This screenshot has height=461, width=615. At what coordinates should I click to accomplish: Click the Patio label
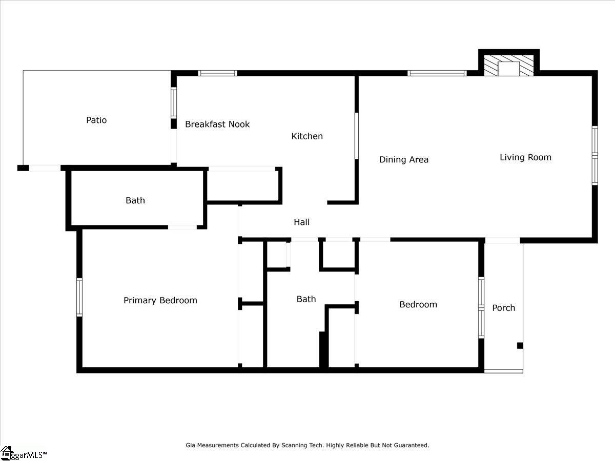[96, 120]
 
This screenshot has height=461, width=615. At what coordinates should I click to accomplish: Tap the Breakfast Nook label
[217, 124]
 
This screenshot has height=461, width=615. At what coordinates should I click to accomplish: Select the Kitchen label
[307, 136]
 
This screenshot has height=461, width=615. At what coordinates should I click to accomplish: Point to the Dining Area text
[404, 159]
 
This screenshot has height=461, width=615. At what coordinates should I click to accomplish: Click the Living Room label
[525, 157]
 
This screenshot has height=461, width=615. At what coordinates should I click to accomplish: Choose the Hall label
[301, 222]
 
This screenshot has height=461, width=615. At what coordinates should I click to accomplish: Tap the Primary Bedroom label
[160, 300]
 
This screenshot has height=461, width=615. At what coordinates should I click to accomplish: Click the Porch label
[503, 308]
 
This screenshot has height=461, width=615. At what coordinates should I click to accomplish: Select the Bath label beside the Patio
[135, 200]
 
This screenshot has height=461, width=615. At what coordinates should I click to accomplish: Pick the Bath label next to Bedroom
[306, 299]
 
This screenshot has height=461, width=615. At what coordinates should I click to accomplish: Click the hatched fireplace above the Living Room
[509, 65]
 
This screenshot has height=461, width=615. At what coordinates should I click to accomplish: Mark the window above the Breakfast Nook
[217, 73]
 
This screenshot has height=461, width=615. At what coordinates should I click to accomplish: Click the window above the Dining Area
[437, 73]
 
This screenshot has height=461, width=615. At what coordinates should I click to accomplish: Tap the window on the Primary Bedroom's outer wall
[79, 297]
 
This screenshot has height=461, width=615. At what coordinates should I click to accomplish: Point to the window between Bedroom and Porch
[481, 308]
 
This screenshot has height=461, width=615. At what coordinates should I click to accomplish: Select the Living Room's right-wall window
[595, 155]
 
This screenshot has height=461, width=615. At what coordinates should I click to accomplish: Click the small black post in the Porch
[520, 346]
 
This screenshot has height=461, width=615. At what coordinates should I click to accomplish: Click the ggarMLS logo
[23, 454]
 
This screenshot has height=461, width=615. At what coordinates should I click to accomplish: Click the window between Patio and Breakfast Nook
[174, 103]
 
